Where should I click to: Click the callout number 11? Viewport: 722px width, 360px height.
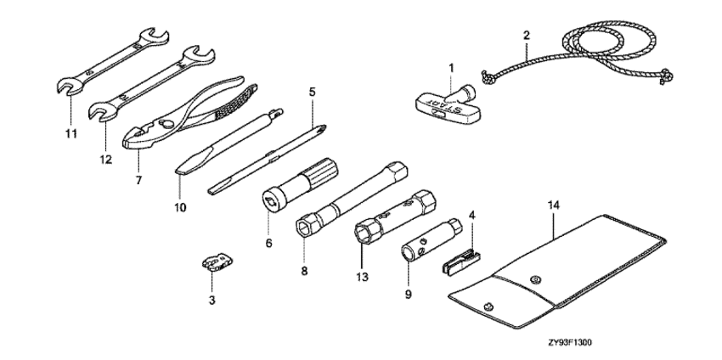71,133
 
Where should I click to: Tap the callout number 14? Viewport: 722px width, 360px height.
554,205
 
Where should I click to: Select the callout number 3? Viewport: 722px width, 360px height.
212,301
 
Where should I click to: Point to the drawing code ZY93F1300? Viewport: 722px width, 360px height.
570,342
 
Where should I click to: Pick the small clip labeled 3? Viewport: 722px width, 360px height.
217,262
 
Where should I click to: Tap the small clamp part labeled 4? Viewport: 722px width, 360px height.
461,262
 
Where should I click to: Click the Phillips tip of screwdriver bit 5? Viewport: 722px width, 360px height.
322,128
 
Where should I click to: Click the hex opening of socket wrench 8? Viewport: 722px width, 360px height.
304,228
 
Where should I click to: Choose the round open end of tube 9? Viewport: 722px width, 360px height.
408,254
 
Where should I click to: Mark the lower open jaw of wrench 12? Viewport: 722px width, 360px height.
101,112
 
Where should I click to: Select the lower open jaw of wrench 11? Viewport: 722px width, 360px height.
69,87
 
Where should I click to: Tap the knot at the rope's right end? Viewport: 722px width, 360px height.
666,75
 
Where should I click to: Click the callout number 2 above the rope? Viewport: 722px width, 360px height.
527,35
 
